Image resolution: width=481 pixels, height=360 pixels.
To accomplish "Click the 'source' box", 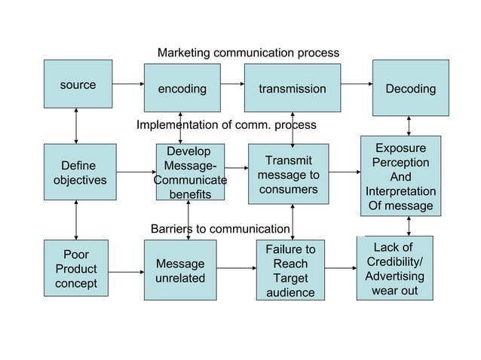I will [78, 84].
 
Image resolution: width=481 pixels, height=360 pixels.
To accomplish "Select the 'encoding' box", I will [182, 88].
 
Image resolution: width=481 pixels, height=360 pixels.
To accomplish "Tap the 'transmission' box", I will [292, 88].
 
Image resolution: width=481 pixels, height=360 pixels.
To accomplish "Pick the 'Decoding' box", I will [410, 88].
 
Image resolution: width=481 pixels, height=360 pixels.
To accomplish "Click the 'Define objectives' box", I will [79, 172].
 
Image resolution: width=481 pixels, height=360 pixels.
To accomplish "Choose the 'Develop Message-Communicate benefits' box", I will [189, 173].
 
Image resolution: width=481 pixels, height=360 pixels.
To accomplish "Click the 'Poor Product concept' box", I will [76, 269].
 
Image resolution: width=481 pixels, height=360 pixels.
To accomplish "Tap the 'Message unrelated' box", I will [179, 271].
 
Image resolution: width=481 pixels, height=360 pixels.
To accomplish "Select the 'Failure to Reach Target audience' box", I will [290, 270].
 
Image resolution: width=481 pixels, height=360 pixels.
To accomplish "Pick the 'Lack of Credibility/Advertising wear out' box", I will [394, 268].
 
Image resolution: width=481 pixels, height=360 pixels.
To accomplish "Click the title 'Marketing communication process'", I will [248, 53].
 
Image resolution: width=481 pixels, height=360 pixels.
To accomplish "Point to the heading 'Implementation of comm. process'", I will [226, 124].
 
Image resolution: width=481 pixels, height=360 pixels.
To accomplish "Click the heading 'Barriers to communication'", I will [219, 228].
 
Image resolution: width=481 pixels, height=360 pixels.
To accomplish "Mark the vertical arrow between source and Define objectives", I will [76, 126].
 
